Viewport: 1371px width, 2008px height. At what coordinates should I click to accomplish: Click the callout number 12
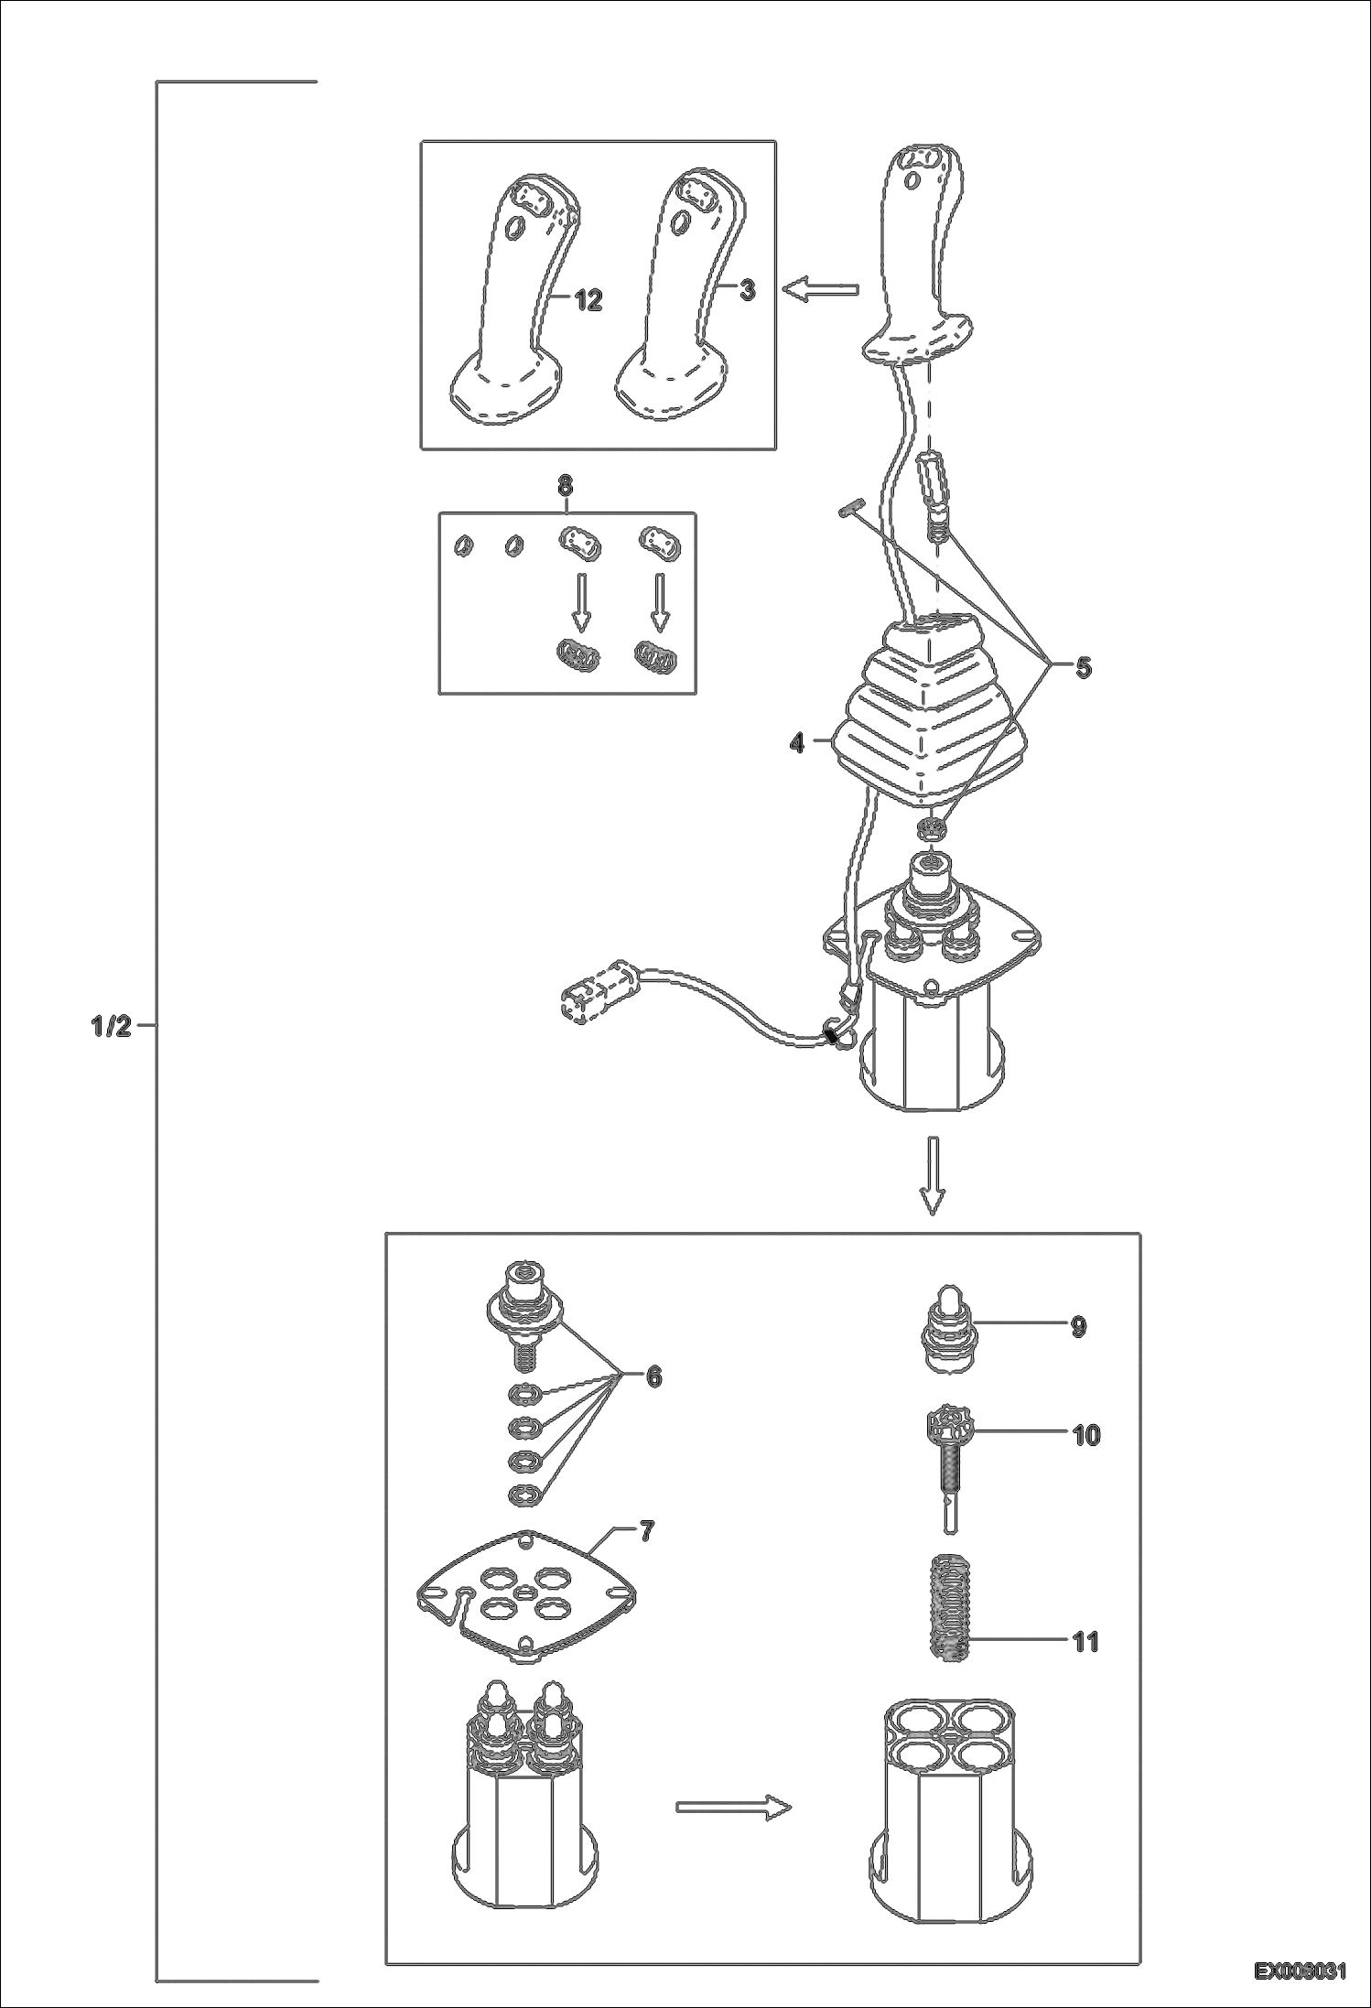pos(588,299)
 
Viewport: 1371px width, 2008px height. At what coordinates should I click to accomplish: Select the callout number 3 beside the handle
pos(748,291)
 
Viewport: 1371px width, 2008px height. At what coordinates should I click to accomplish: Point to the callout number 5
pos(1083,667)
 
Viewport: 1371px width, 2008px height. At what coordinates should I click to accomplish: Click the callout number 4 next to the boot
pos(797,743)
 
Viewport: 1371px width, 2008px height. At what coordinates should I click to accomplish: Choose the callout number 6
pos(653,1376)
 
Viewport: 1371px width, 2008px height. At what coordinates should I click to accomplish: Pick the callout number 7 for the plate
pos(647,1532)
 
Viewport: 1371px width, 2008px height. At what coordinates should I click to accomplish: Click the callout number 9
pos(1078,1326)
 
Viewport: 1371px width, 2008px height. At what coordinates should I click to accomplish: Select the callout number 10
pos(1085,1435)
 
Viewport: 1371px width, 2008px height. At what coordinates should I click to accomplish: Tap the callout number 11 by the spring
pos(1085,1642)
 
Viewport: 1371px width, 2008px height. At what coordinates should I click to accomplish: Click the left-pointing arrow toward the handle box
pos(820,290)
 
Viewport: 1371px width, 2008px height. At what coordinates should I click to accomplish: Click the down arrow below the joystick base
pos(932,1175)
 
